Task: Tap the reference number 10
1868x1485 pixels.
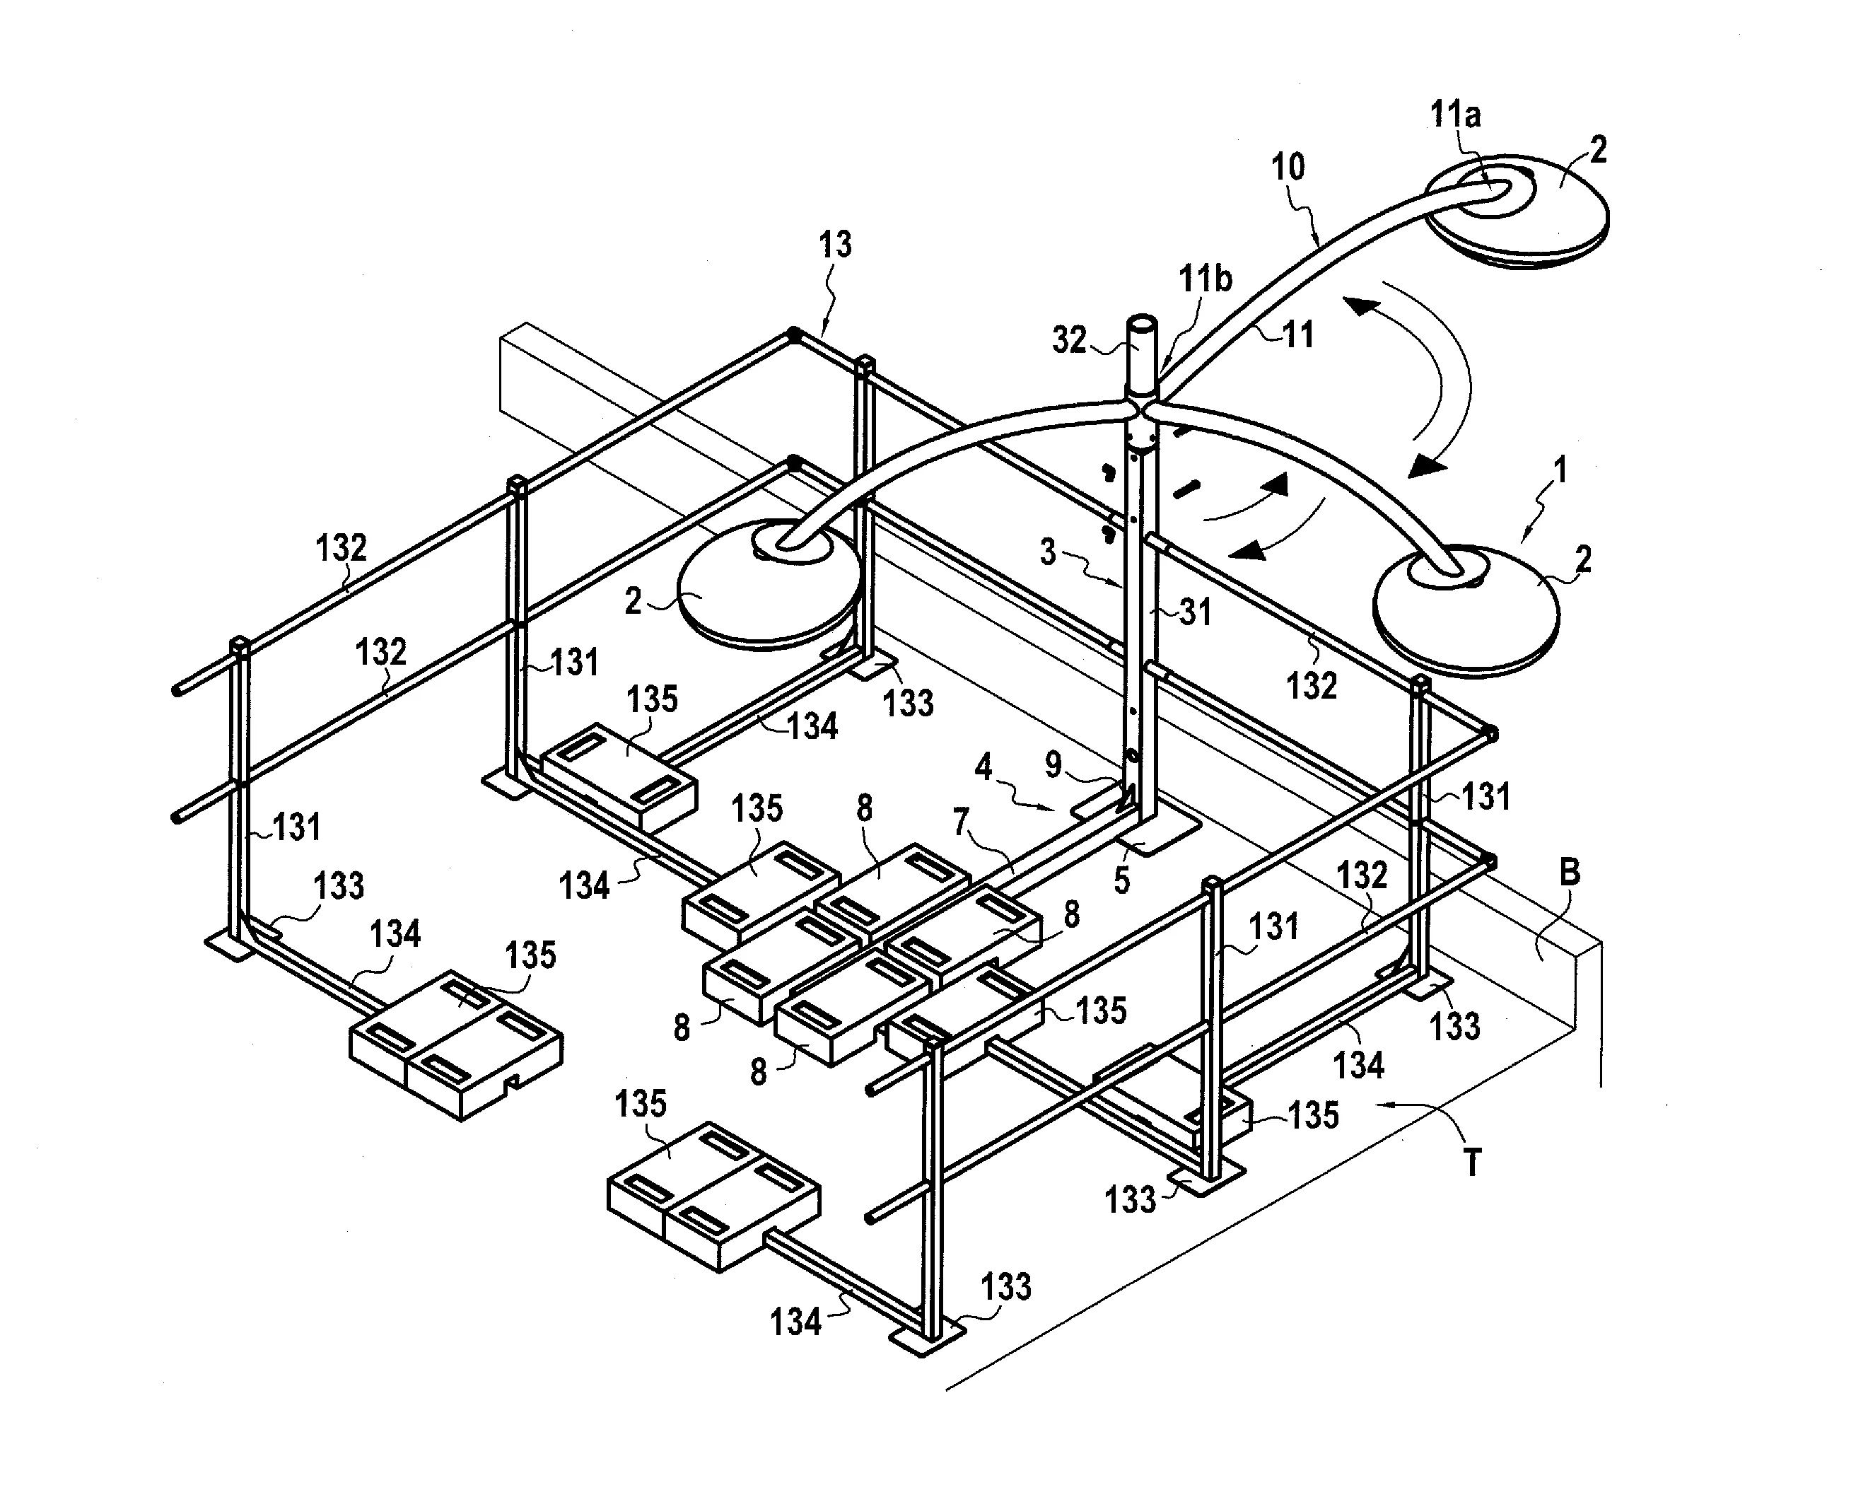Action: tap(1288, 166)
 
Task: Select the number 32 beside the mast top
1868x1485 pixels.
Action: tap(1069, 339)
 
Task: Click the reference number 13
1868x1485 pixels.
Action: tap(835, 245)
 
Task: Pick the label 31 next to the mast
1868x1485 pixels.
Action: tap(1196, 612)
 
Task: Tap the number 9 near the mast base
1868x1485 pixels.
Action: tap(1053, 764)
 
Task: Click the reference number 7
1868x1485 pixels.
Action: tap(960, 821)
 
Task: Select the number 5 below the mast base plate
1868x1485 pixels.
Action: tap(1122, 880)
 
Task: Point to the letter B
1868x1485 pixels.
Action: tap(1570, 873)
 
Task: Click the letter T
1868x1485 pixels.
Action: tap(1472, 1162)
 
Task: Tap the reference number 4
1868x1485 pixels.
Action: tap(983, 767)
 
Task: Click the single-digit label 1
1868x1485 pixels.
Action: tap(1560, 470)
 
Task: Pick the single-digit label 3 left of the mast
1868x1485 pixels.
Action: tap(1049, 552)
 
